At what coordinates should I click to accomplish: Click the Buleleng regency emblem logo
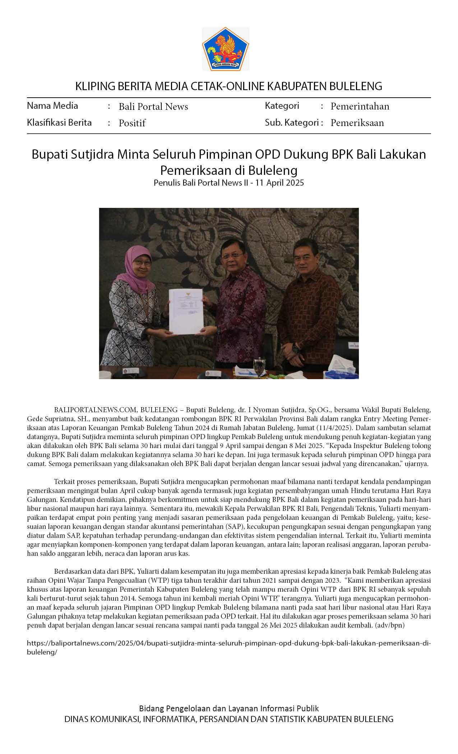click(x=225, y=49)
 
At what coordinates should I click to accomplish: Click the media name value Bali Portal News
click(x=153, y=107)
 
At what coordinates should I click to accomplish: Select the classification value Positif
click(x=132, y=123)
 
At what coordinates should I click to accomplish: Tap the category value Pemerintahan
click(x=360, y=106)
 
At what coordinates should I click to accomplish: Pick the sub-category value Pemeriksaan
click(x=357, y=123)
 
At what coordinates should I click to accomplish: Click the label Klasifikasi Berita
click(x=59, y=123)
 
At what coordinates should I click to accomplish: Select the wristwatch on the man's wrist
click(x=295, y=348)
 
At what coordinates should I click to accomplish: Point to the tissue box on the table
click(x=340, y=368)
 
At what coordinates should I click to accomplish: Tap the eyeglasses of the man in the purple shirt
click(x=231, y=256)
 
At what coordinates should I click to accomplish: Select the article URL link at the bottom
click(x=228, y=643)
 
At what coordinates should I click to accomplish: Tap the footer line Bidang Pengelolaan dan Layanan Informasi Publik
click(x=229, y=708)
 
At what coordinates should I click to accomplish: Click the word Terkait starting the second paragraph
click(x=65, y=481)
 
